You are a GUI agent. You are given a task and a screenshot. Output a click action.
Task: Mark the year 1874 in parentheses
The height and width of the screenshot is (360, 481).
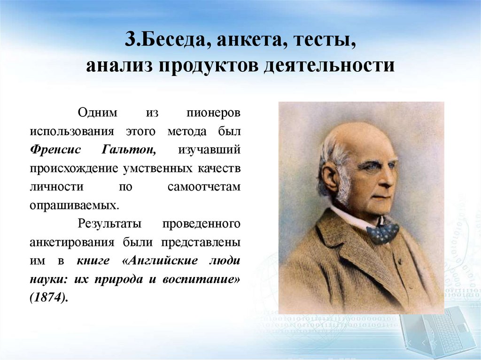pyautogui.click(x=48, y=298)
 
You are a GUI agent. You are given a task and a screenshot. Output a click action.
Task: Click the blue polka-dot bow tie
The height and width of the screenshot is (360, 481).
pyautogui.click(x=382, y=232)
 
